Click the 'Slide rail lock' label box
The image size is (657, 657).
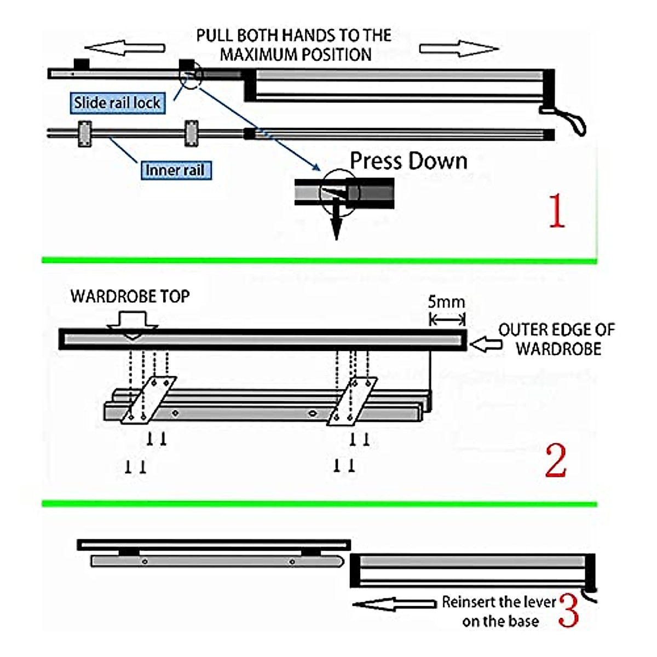117,102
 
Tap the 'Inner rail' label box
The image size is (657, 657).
175,170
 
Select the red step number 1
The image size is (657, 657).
556,211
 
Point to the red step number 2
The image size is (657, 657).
556,461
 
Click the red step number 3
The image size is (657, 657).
569,610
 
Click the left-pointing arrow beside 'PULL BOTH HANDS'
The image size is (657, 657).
125,48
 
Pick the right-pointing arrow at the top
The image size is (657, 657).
459,48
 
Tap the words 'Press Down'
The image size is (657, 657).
408,161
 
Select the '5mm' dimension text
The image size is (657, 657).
446,302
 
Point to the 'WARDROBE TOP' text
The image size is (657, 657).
130,296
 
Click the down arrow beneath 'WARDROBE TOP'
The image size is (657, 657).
132,324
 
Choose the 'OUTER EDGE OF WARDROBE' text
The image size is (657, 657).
556,339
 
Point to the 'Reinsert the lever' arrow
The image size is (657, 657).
394,604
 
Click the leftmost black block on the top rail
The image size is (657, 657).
82,64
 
